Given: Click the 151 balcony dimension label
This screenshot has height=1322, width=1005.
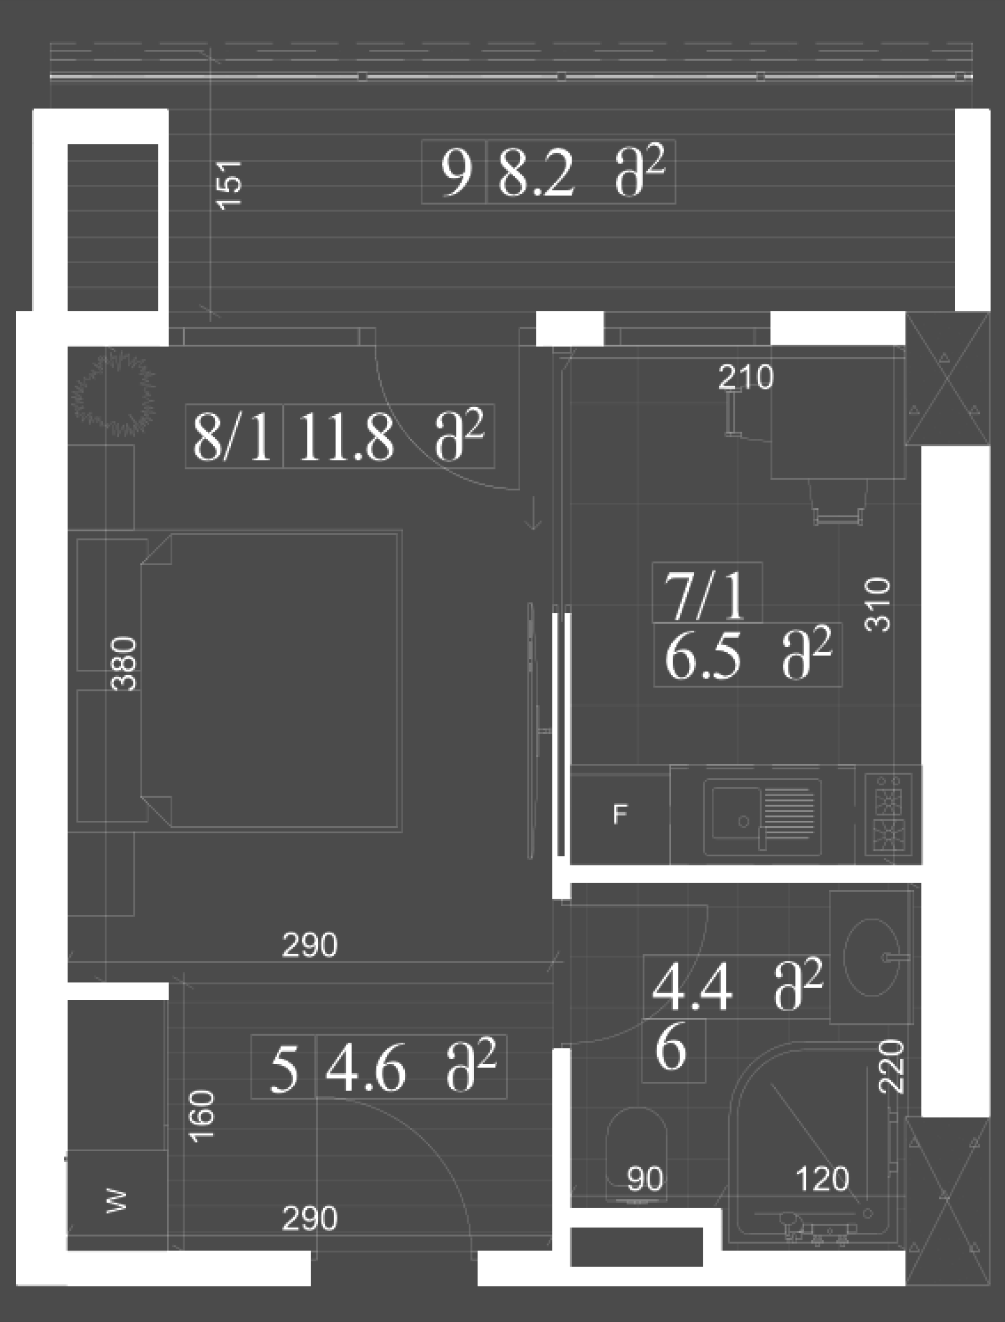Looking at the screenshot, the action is coord(230,185).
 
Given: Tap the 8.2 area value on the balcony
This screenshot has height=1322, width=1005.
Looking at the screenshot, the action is coord(535,174).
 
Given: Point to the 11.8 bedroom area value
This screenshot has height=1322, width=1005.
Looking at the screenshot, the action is coord(345,437).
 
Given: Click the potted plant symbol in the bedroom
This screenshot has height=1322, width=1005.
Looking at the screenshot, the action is coord(113,392).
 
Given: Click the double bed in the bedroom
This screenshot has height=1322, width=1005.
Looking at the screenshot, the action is coord(271,681).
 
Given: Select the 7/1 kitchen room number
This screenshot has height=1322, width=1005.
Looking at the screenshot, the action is coord(705,596).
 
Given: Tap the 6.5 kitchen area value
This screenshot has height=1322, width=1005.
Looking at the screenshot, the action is coord(702,656).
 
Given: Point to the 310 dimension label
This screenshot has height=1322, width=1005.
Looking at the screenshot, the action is coord(878,604).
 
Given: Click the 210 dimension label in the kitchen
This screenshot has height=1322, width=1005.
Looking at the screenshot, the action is coord(745,377).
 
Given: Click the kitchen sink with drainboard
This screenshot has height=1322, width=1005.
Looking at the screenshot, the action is coord(762,817).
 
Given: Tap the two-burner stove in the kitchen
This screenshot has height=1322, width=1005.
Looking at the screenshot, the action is coord(889,813).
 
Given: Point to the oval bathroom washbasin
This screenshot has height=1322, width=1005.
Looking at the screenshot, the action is coord(872,958).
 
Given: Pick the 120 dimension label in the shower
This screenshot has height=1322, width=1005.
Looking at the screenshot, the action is coord(822,1179).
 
